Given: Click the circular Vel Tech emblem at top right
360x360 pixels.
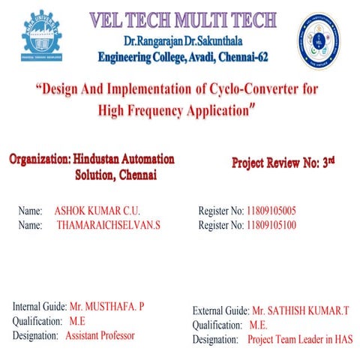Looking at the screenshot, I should tap(319, 42).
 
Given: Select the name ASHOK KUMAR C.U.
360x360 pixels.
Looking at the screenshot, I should tap(97, 211).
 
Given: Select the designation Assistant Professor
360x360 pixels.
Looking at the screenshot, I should tap(100, 335).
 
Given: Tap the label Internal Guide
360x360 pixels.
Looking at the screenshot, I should tap(40, 307).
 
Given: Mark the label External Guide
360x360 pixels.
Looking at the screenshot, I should tap(220, 310).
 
